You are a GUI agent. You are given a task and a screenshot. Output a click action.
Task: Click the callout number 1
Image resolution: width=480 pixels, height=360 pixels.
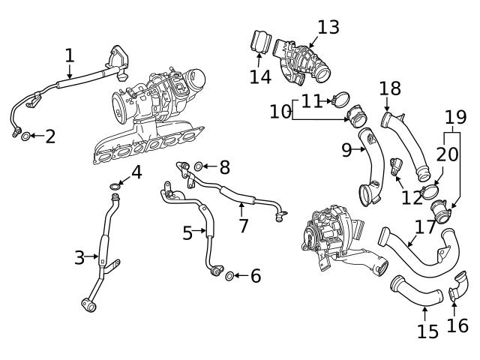tap(69, 55)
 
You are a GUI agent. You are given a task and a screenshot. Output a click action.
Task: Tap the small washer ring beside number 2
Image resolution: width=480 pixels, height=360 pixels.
tap(25, 136)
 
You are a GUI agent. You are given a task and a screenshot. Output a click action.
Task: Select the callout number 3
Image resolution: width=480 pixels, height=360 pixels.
tap(79, 258)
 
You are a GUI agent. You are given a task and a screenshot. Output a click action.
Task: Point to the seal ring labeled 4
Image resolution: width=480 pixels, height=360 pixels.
tap(115, 185)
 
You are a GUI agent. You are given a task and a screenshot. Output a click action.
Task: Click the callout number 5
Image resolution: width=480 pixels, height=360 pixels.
tap(187, 233)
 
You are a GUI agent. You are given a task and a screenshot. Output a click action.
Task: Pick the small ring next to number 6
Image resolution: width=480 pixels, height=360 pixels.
tap(230, 276)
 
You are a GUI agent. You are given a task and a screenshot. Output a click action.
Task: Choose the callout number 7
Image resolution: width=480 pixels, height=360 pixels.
tap(243, 224)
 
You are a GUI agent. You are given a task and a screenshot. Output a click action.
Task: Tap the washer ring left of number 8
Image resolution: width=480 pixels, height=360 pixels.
tap(199, 166)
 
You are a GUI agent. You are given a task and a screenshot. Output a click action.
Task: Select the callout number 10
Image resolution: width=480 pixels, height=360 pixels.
tap(280, 111)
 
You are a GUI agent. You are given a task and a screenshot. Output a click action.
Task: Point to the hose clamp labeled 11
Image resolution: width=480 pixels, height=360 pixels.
tap(341, 98)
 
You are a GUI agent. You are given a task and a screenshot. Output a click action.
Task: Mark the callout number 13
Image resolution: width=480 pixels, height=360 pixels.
tap(328, 28)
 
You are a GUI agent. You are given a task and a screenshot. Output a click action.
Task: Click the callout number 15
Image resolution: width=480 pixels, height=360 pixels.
tap(428, 331)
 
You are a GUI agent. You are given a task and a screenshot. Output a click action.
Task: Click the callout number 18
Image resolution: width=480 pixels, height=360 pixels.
tap(389, 88)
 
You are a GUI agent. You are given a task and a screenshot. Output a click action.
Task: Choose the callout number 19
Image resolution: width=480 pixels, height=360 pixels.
tap(455, 117)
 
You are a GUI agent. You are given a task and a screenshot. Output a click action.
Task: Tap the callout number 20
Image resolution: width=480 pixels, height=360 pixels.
tap(447, 154)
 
